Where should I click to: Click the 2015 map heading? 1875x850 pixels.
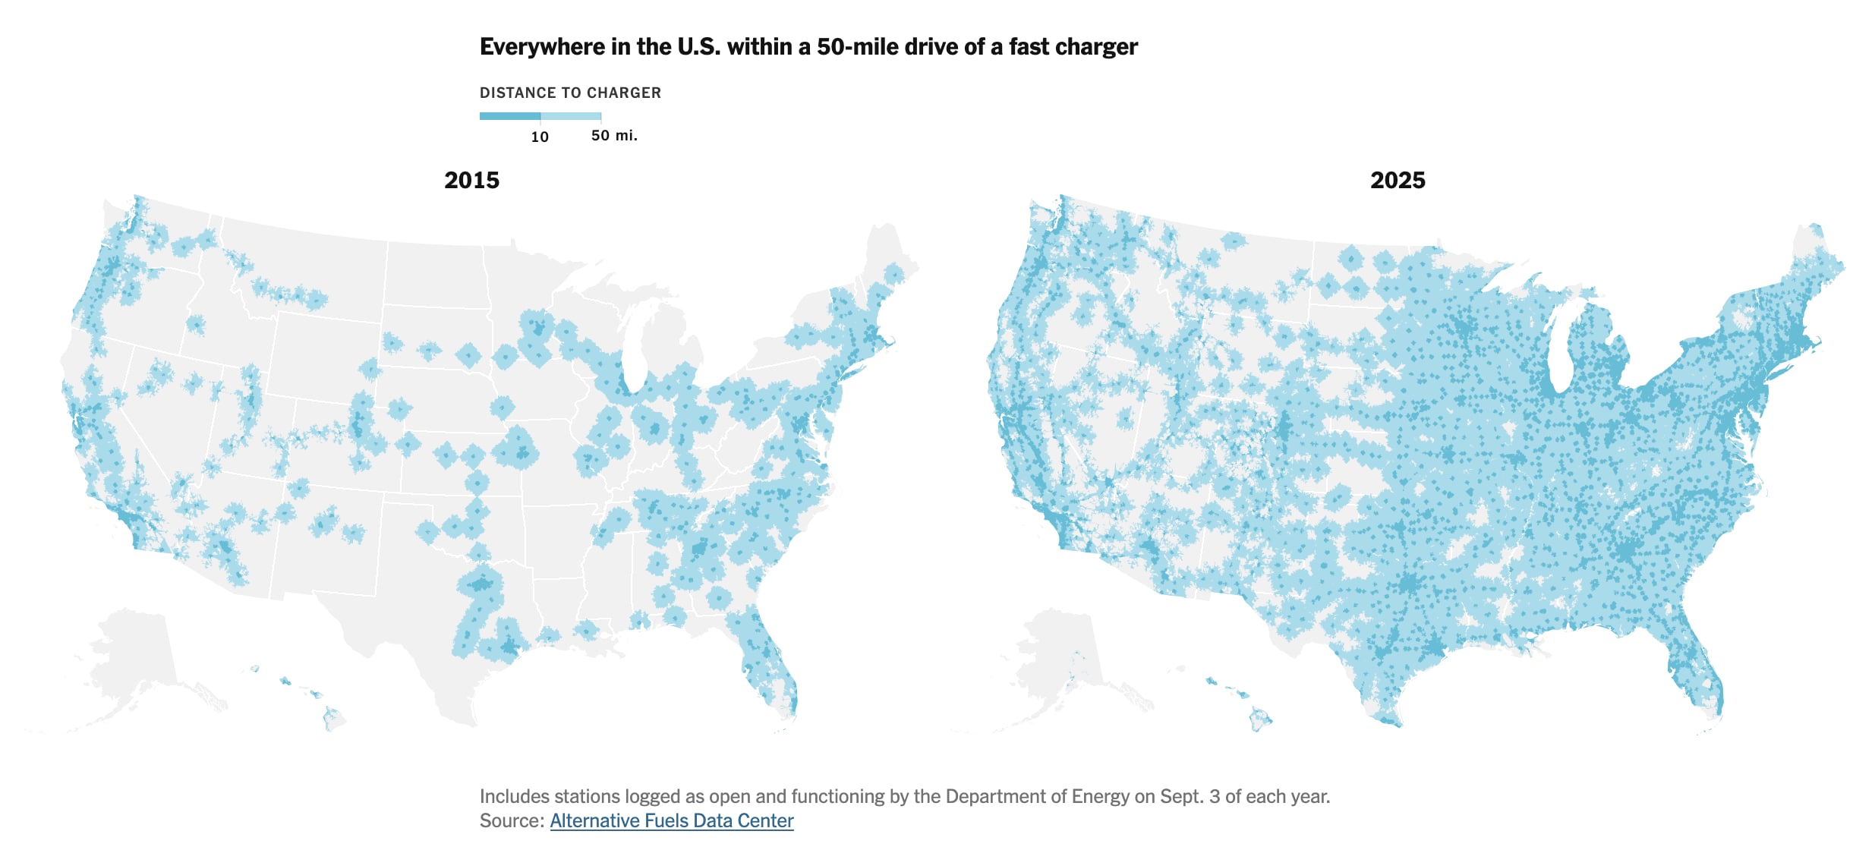click(x=471, y=181)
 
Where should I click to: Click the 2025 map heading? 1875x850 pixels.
click(x=1397, y=181)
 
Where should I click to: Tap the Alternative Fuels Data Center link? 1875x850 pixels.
click(x=671, y=820)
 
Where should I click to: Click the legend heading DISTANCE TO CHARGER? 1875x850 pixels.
click(x=570, y=93)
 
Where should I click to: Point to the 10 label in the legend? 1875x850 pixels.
click(x=540, y=137)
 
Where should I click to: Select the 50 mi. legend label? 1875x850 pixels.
click(x=614, y=136)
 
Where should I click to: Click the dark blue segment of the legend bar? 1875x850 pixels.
click(x=509, y=116)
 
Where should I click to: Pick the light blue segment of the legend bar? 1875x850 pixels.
click(x=571, y=116)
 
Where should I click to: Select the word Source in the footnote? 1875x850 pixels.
click(x=510, y=820)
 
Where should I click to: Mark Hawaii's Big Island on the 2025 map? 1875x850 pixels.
click(x=1260, y=719)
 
